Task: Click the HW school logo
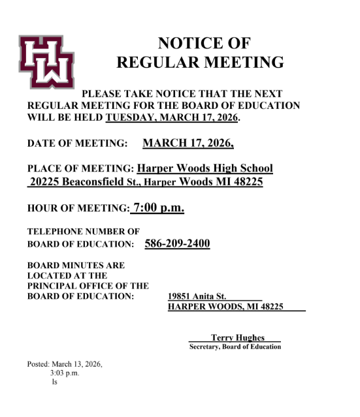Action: pyautogui.click(x=46, y=62)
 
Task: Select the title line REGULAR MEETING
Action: pyautogui.click(x=200, y=63)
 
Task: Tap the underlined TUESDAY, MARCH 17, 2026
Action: pyautogui.click(x=172, y=118)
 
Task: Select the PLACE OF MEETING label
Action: pyautogui.click(x=80, y=169)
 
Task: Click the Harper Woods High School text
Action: pyautogui.click(x=205, y=168)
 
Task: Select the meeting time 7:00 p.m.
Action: pyautogui.click(x=159, y=208)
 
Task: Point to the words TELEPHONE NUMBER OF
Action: pyautogui.click(x=83, y=232)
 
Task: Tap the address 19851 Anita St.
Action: pyautogui.click(x=197, y=296)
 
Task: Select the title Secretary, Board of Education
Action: pyautogui.click(x=235, y=347)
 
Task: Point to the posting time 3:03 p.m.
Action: pyautogui.click(x=64, y=373)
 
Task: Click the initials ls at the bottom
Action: pyautogui.click(x=54, y=382)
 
